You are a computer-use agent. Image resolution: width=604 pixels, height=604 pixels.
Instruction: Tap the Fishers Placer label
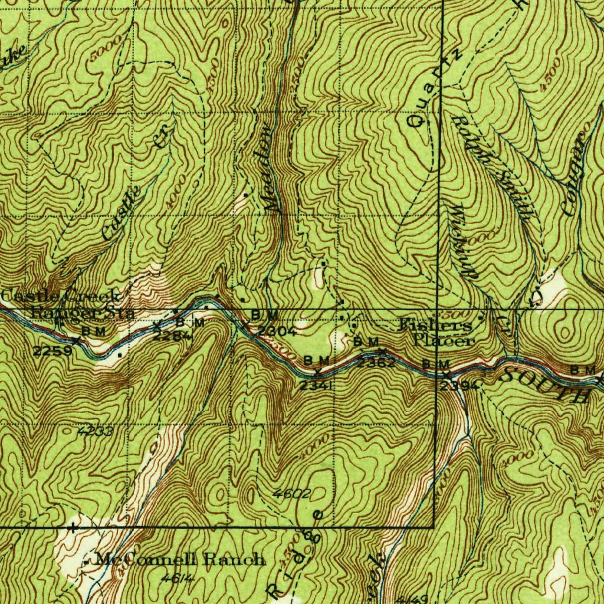pos(436,333)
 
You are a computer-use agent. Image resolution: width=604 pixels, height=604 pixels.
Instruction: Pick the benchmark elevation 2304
pos(277,331)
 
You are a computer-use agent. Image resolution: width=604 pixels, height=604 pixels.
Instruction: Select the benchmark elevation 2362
pos(375,362)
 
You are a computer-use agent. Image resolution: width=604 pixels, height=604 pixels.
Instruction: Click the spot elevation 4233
pos(95,431)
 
